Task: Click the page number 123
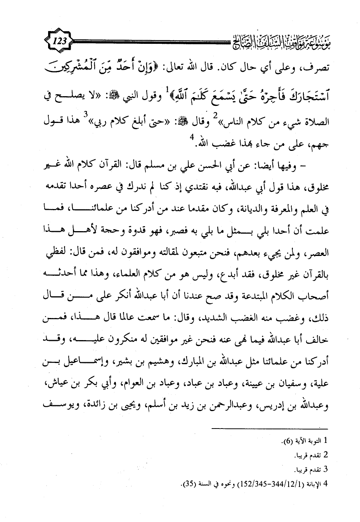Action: coord(58,40)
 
